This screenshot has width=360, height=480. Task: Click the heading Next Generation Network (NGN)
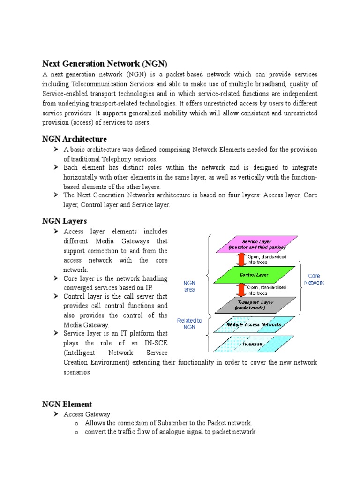105,63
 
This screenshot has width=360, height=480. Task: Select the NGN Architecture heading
75,139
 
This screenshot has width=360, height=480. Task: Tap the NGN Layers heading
64,220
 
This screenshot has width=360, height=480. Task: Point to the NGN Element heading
67,404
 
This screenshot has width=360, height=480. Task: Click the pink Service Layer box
256,244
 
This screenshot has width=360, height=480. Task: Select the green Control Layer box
255,275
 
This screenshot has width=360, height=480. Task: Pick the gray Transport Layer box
255,305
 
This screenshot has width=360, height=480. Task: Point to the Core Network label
314,279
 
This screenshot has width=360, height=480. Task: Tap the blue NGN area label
189,286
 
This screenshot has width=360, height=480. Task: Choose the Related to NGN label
189,323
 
